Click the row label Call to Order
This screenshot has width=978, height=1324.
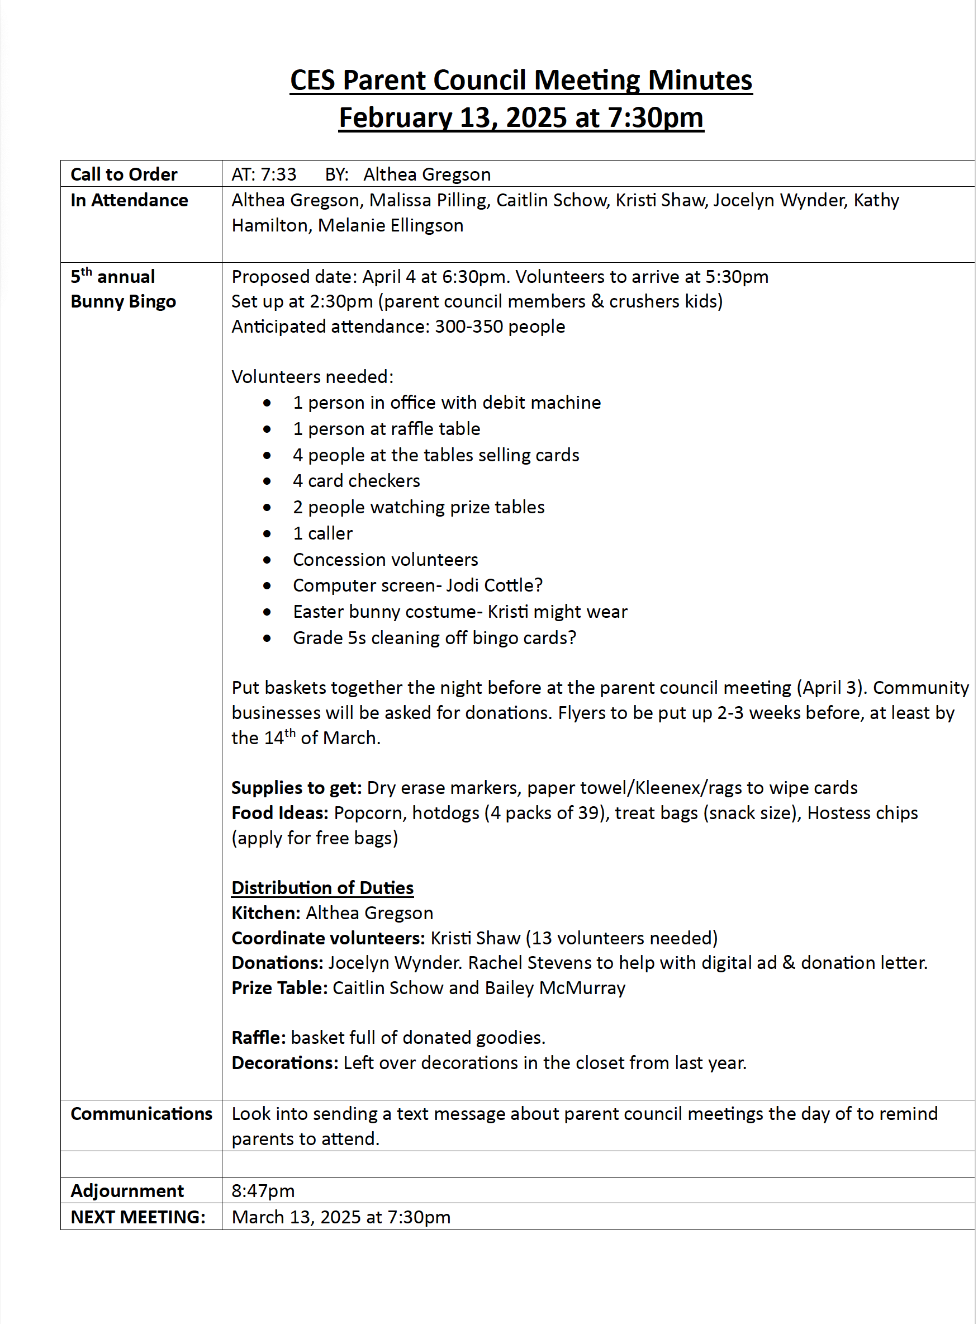124,174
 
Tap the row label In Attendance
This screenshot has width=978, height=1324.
129,200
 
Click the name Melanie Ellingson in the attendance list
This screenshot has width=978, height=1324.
390,225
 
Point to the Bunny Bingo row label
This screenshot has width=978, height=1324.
123,301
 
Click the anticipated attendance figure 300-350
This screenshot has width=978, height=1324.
468,327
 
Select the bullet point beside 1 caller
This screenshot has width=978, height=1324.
267,534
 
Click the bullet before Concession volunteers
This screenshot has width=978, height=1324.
267,560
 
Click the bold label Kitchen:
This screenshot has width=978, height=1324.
266,913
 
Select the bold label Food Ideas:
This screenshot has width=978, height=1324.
279,813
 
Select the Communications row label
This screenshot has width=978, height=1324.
141,1114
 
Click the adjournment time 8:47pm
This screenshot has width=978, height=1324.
263,1191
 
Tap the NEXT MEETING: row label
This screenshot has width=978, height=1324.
138,1217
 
